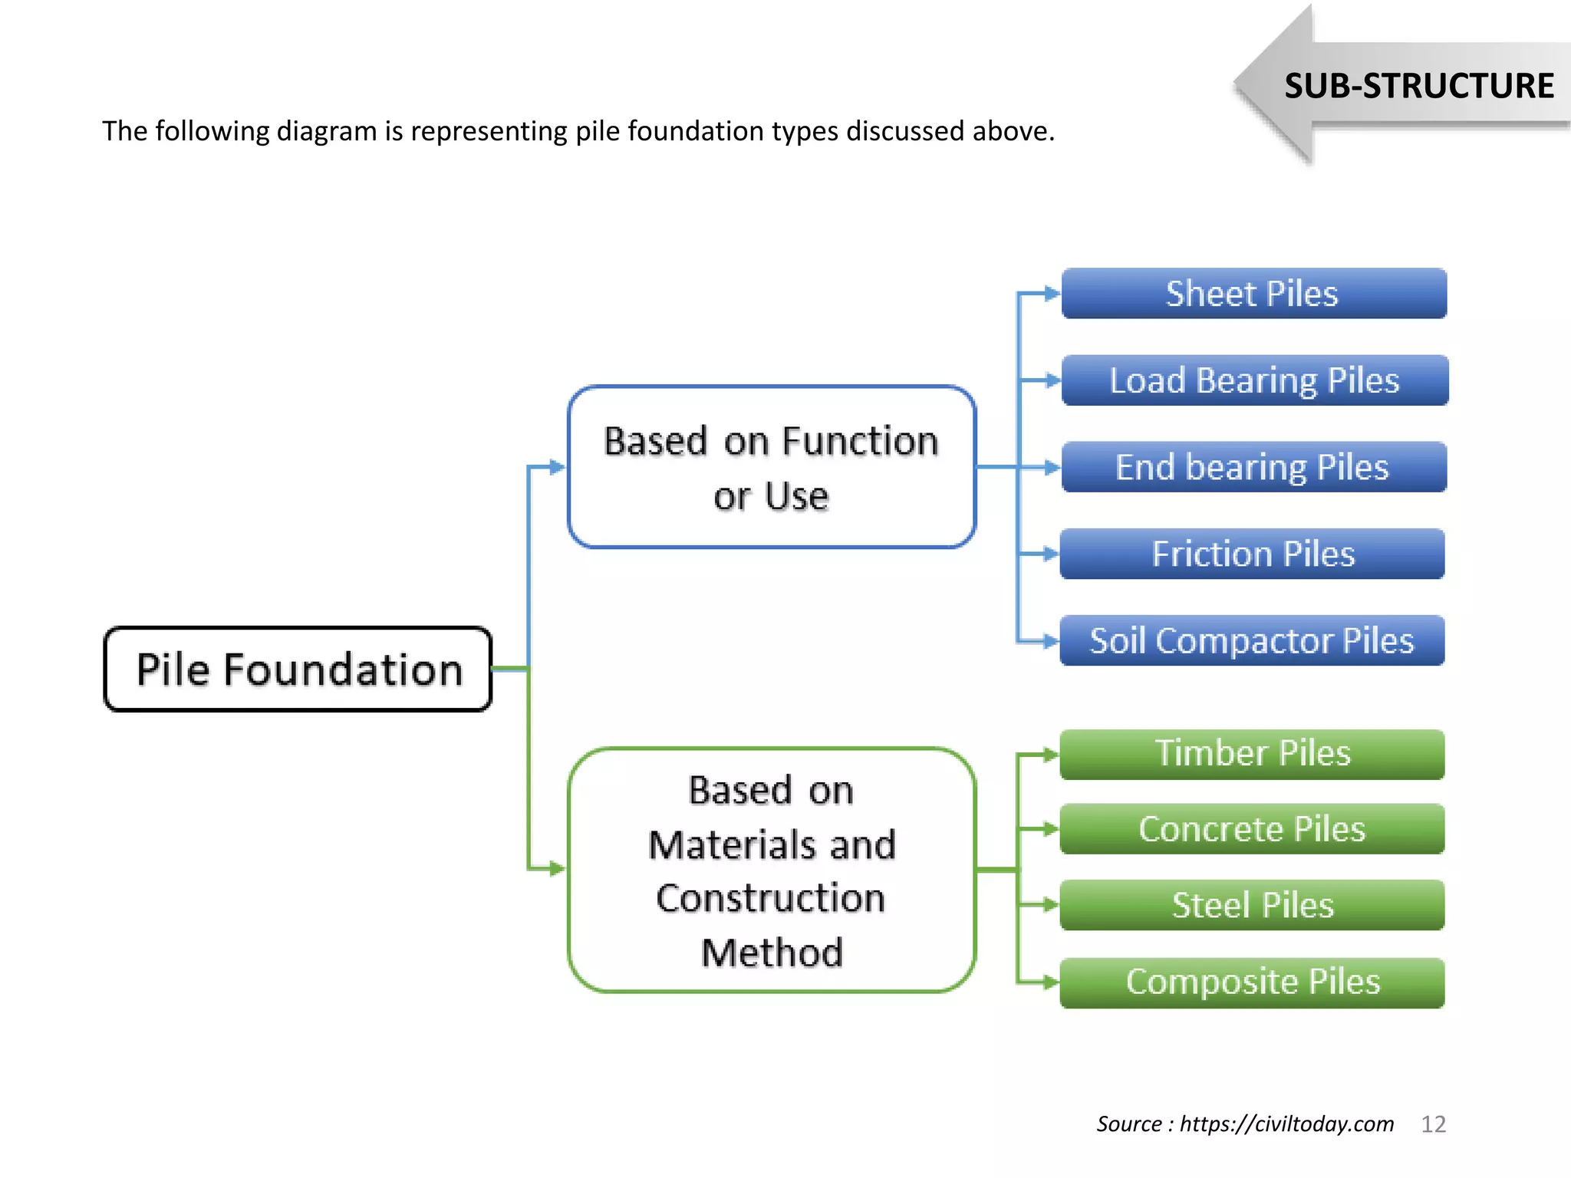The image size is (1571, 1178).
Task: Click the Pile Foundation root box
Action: [298, 670]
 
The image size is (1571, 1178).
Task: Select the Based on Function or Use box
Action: [771, 467]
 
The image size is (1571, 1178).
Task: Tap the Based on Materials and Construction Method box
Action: [771, 870]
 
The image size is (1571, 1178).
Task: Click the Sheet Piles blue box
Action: [1253, 294]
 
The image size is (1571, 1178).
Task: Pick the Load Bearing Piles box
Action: [1253, 380]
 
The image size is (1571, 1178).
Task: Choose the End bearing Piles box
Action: [1253, 467]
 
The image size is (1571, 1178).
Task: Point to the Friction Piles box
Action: [1252, 554]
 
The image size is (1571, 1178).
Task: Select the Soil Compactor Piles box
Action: [1252, 640]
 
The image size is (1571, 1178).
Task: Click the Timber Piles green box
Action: [1252, 754]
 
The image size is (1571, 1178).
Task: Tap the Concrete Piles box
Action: [1252, 829]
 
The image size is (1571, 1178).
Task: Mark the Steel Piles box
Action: [1252, 905]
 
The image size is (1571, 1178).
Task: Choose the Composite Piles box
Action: [1252, 982]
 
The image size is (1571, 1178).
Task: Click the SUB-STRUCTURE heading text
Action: [1418, 86]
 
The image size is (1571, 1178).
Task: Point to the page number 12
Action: [1433, 1124]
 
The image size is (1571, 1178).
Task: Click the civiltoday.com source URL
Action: [1286, 1124]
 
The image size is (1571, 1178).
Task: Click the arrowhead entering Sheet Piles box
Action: [1052, 294]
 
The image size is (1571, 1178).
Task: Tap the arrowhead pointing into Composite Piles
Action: [1050, 982]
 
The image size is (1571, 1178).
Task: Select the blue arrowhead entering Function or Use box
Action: [558, 467]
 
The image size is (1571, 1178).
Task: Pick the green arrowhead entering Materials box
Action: [558, 869]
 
